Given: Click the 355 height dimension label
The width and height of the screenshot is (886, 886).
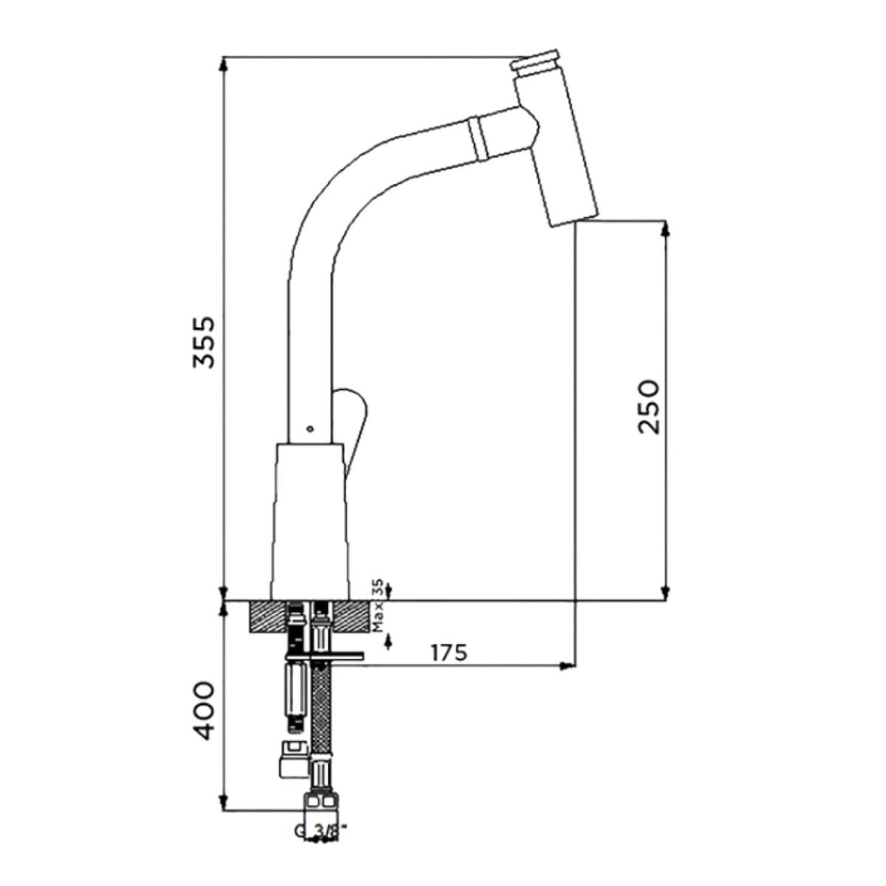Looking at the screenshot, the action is (204, 342).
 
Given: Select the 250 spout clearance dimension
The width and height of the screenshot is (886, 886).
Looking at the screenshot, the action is (649, 406).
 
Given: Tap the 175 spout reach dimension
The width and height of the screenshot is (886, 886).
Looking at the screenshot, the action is (449, 653).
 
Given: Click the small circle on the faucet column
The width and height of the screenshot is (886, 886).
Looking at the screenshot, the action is (310, 429).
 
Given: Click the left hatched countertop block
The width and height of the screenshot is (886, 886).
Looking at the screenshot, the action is (267, 617).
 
